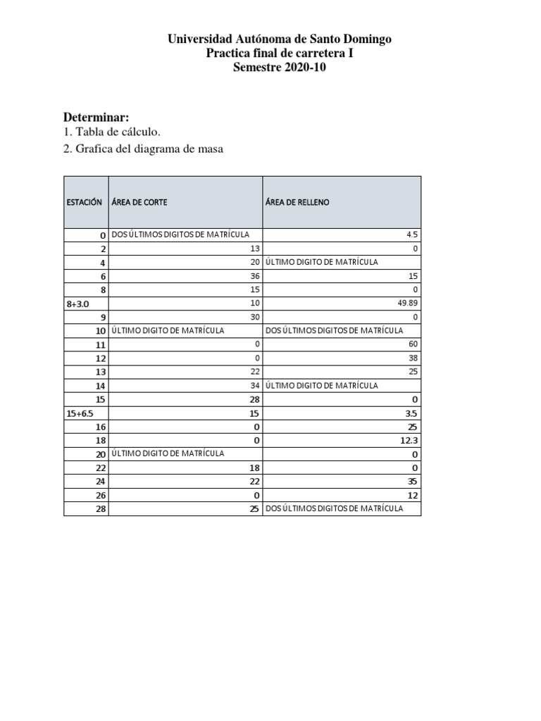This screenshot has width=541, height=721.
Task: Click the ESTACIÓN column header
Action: [85, 202]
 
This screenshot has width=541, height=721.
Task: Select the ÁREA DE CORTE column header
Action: [139, 202]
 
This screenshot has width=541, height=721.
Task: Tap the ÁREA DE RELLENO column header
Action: [297, 202]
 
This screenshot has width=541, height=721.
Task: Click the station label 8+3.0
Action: [78, 303]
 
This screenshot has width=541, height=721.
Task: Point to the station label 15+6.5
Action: [80, 413]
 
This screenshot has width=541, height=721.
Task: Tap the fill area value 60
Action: [413, 344]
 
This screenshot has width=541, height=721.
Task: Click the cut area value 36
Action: [255, 276]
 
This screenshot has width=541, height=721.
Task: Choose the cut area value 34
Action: [255, 385]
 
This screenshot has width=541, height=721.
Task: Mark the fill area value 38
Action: [413, 358]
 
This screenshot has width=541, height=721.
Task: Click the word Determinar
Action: [97, 117]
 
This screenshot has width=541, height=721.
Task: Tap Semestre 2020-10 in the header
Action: [280, 68]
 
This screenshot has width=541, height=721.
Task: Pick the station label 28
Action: [100, 508]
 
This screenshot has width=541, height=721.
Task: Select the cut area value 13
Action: [255, 249]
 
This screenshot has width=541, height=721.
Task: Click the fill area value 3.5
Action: [412, 413]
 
